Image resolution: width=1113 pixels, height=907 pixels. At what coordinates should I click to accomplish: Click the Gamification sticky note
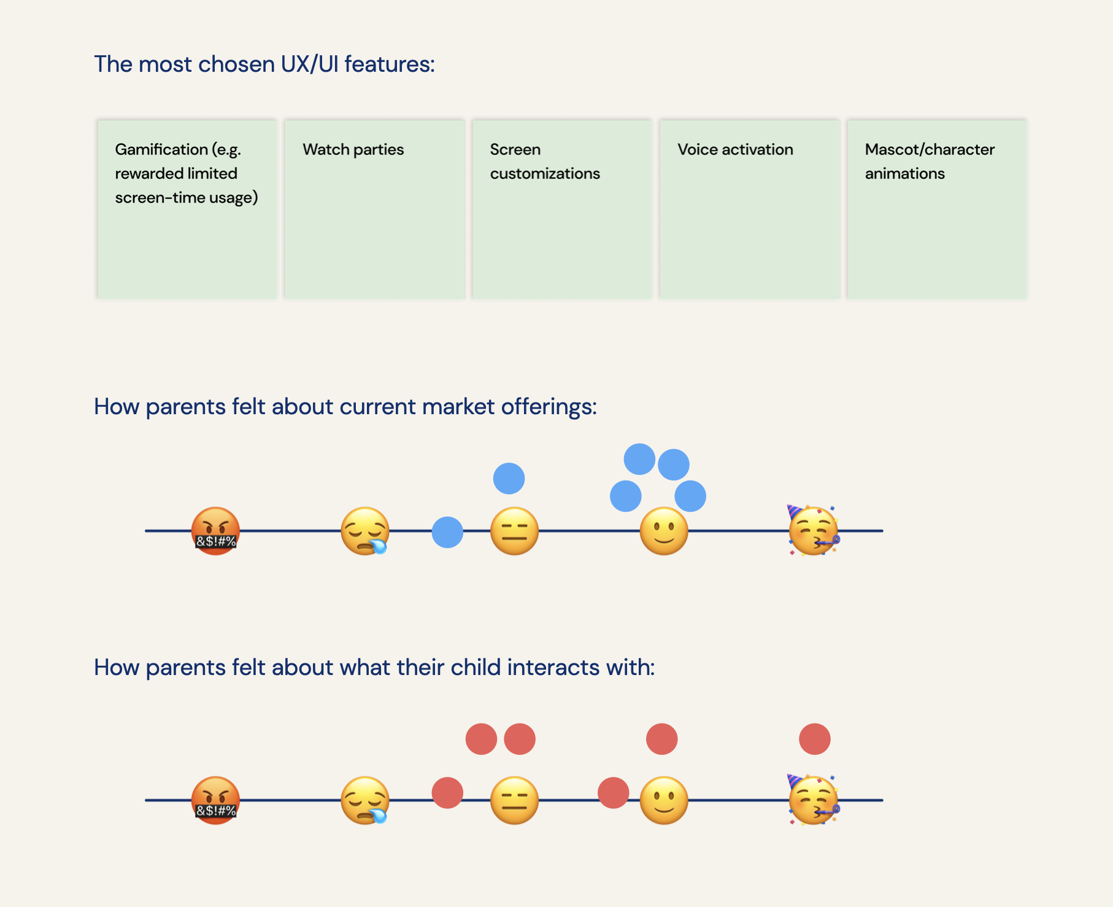[x=187, y=209]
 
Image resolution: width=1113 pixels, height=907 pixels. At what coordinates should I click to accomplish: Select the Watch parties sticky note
[x=375, y=209]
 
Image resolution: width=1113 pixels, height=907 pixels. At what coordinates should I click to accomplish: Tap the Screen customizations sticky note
[x=562, y=209]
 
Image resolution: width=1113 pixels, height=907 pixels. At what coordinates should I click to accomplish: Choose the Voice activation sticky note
[x=750, y=209]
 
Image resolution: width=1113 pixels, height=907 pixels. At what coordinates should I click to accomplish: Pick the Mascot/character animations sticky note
[x=937, y=209]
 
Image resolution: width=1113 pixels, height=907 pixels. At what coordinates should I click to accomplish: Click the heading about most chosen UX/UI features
[x=264, y=64]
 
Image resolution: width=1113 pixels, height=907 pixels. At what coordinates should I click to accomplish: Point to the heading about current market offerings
[x=345, y=407]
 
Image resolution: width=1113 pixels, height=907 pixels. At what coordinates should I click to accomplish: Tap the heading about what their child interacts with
[x=374, y=668]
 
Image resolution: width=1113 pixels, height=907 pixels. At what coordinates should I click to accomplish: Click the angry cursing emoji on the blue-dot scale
[x=215, y=531]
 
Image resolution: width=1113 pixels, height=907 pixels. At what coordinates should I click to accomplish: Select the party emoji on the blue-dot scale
[x=814, y=530]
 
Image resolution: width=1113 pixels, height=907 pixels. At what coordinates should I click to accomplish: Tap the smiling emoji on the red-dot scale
[x=664, y=800]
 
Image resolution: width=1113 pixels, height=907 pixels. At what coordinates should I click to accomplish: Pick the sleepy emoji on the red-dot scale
[x=365, y=800]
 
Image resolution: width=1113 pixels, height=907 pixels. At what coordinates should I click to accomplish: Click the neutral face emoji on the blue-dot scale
[x=514, y=531]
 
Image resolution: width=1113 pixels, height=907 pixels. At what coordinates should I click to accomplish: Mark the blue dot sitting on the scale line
[x=447, y=532]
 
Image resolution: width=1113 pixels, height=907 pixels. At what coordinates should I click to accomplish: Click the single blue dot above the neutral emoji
[x=509, y=479]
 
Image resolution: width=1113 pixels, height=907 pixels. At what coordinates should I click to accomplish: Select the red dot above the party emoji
[x=815, y=739]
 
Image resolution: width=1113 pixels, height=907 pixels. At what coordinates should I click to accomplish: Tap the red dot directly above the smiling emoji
[x=662, y=739]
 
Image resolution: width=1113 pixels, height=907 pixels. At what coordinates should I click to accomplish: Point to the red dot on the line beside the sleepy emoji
[x=447, y=793]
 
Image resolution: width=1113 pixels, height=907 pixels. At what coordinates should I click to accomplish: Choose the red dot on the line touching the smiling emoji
[x=614, y=793]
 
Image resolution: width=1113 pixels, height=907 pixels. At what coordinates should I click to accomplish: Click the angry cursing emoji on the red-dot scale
[x=215, y=800]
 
